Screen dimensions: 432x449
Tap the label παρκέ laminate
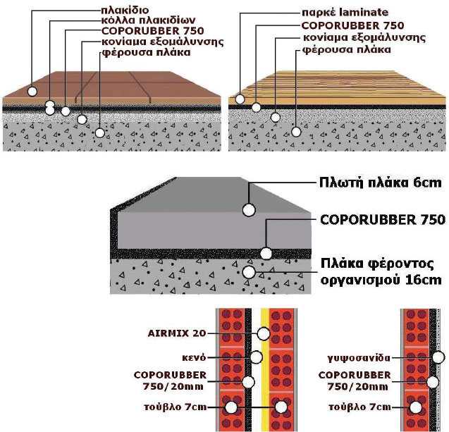(336, 12)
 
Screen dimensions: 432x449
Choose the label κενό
(192, 358)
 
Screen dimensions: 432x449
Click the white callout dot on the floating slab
(248, 209)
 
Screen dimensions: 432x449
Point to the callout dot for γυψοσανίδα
(438, 358)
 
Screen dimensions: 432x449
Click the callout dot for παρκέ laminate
(240, 99)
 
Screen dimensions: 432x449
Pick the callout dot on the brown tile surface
(32, 92)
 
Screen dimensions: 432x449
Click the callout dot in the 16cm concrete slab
(248, 271)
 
